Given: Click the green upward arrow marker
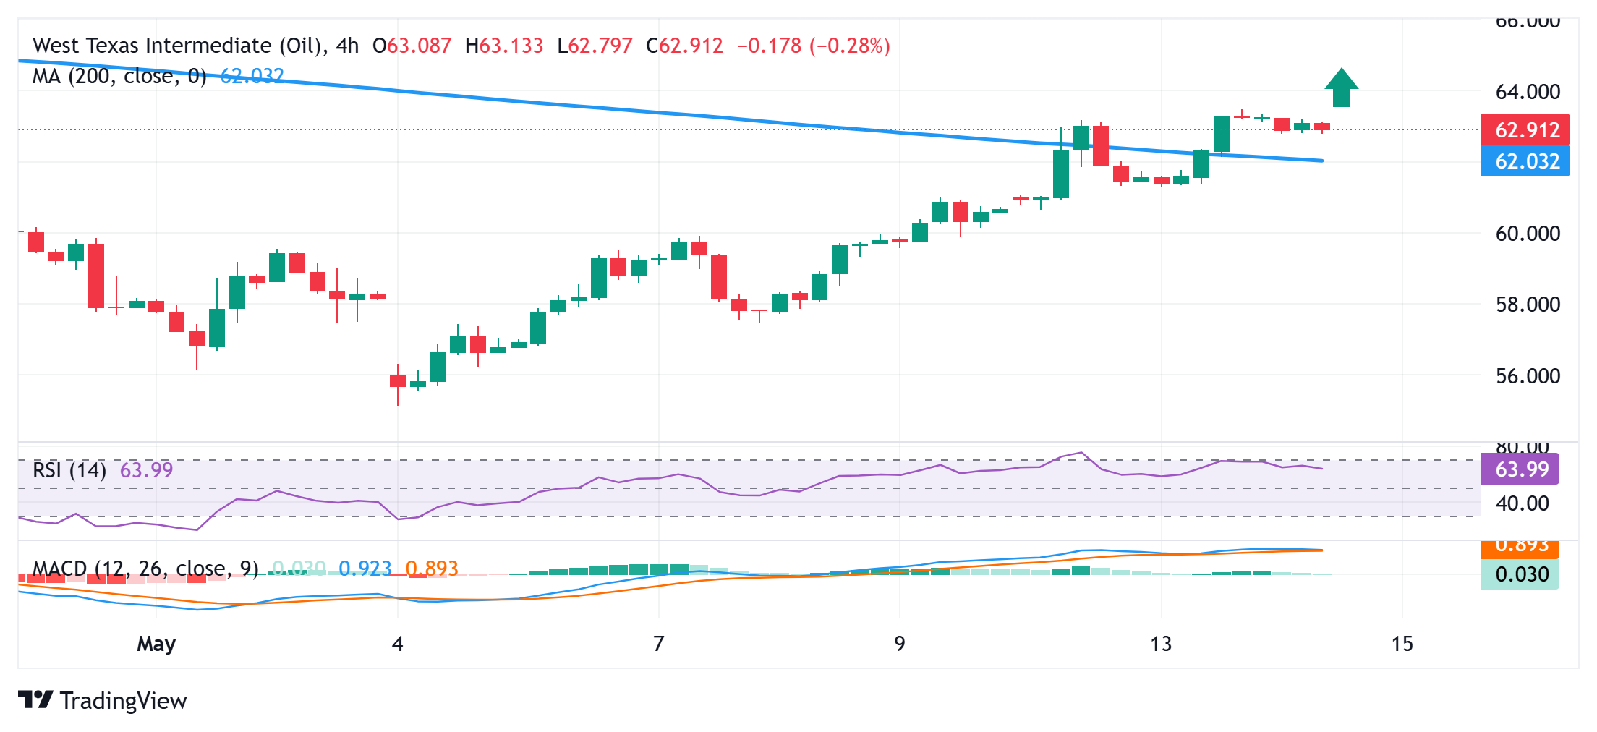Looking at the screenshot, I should [x=1341, y=88].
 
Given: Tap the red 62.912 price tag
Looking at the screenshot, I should [x=1525, y=130].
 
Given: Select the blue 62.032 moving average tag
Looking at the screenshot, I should [x=1525, y=161].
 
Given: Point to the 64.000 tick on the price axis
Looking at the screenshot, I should [x=1528, y=92].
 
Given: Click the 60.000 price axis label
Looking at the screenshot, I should [x=1528, y=234].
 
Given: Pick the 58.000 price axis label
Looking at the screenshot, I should [x=1528, y=305].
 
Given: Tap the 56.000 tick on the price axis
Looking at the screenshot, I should [x=1528, y=376].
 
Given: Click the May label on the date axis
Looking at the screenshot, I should [x=156, y=644].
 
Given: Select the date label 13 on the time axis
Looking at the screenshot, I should [x=1161, y=644].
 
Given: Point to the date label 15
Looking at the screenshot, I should [x=1402, y=644].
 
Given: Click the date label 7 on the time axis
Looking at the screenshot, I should [x=658, y=644].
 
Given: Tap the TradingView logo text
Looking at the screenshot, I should [x=123, y=700].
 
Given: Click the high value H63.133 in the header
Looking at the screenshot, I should [x=504, y=46].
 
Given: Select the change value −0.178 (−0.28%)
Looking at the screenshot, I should [x=813, y=46].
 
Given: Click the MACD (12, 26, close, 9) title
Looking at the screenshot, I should [x=145, y=569].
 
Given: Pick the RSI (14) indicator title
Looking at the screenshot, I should [x=69, y=470].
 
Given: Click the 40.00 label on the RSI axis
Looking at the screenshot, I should [x=1522, y=503].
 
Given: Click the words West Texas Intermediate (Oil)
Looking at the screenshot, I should [x=176, y=46].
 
